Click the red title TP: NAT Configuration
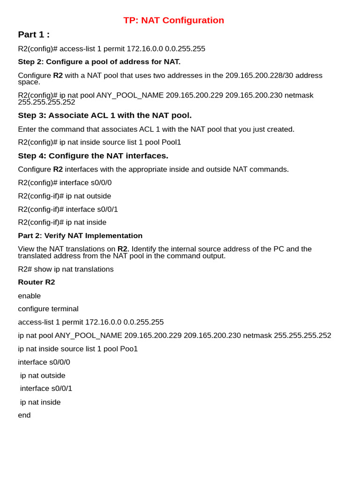173,20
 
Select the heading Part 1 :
34,34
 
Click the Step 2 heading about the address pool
99,61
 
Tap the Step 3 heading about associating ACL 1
105,115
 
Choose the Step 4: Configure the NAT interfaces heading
93,156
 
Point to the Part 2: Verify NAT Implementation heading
80,236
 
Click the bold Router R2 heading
37,282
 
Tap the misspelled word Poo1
129,349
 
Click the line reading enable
30,296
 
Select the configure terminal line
48,309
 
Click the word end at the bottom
24,415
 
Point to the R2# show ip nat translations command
66,269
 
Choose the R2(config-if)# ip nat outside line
65,196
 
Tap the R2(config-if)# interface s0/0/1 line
68,210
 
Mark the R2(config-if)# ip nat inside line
62,222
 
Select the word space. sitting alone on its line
29,82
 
